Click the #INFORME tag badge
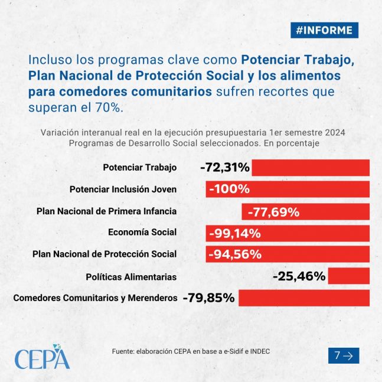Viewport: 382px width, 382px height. [x=324, y=30]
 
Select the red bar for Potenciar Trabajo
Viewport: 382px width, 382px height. [x=311, y=168]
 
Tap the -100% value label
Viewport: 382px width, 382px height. [x=230, y=189]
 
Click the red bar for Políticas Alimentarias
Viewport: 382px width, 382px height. [x=348, y=276]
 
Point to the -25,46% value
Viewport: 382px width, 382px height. [x=299, y=276]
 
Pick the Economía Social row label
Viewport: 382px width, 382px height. [x=142, y=232]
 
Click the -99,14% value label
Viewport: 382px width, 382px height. [x=235, y=234]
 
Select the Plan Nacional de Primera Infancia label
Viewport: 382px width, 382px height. [x=106, y=211]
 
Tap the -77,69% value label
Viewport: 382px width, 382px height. [x=273, y=212]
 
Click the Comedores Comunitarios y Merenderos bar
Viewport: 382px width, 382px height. [x=304, y=298]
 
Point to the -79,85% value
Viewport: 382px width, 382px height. [x=209, y=298]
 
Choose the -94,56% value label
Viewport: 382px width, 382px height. [x=235, y=254]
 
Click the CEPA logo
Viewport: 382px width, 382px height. [x=42, y=357]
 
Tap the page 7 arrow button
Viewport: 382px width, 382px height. [x=344, y=355]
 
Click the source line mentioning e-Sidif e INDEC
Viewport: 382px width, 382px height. [x=191, y=351]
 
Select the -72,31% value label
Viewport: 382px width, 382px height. [x=225, y=168]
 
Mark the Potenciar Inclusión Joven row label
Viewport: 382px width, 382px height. [x=123, y=190]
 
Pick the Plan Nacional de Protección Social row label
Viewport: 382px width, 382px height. [x=105, y=254]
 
